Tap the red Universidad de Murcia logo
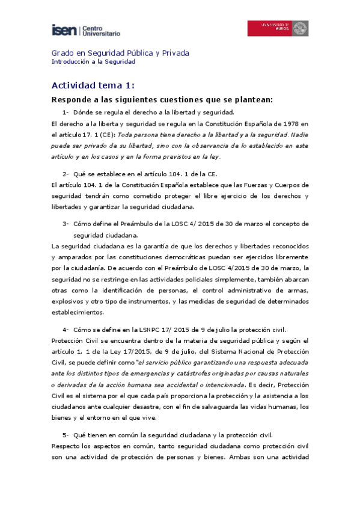(278, 28)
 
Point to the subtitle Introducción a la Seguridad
(93, 61)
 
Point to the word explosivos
(69, 301)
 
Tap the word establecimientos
(78, 312)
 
